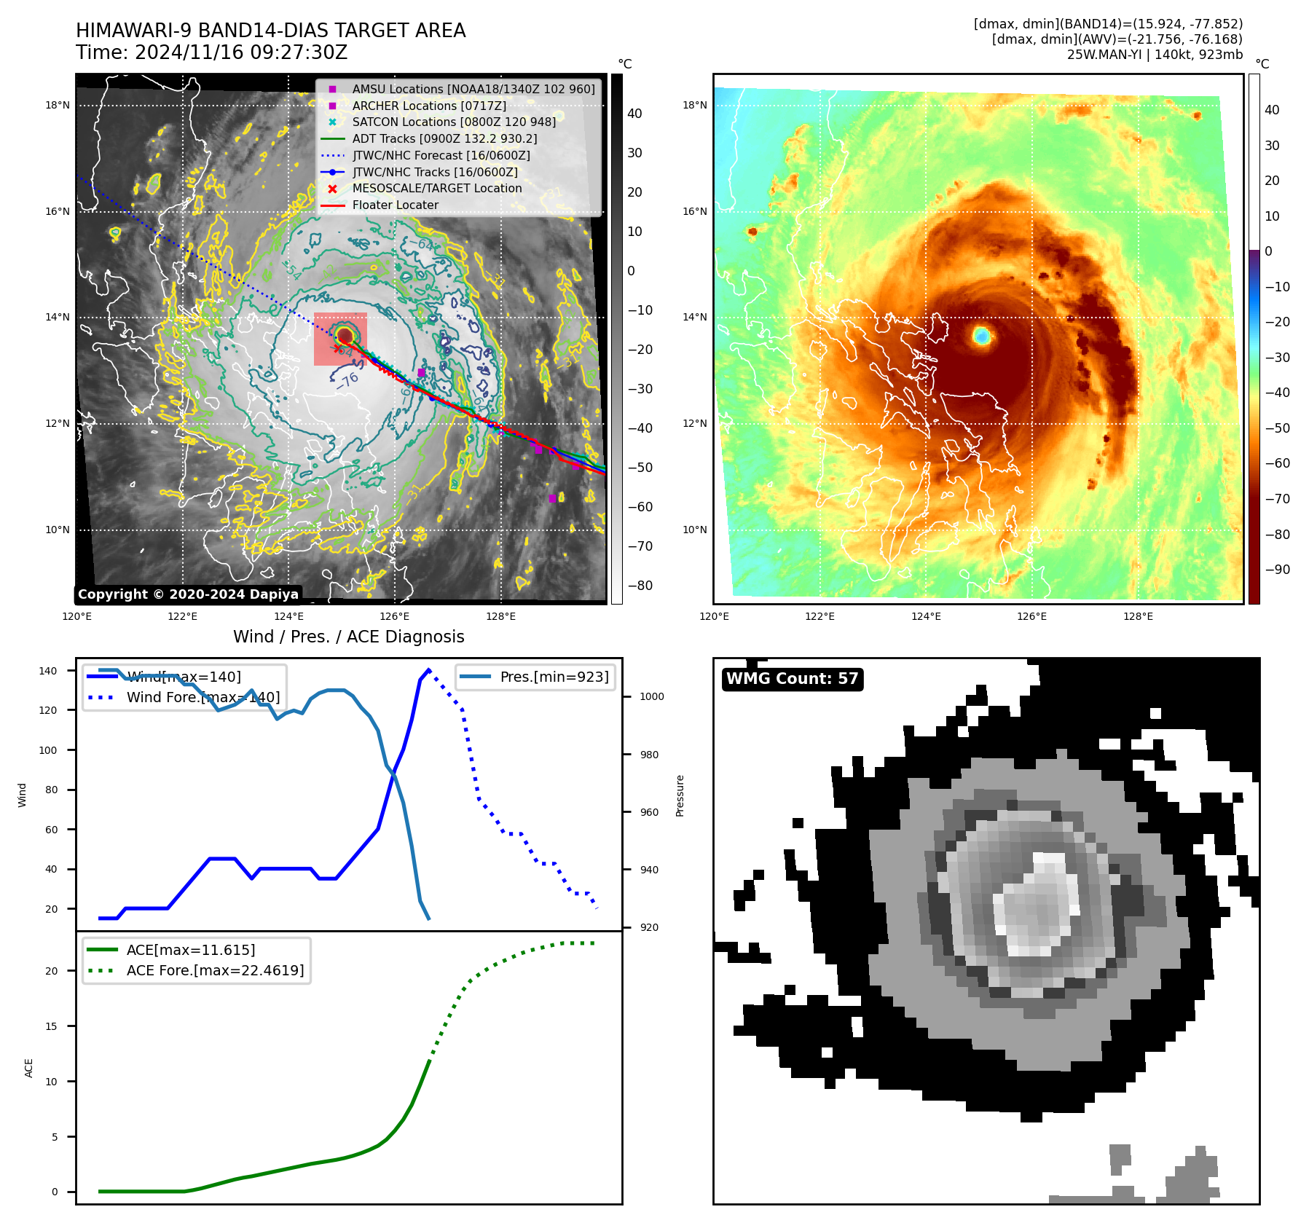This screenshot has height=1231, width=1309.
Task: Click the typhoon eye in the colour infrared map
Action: tap(982, 336)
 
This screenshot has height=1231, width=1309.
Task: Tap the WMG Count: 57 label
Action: tap(792, 679)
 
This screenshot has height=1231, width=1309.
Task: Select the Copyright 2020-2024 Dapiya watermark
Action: tap(188, 594)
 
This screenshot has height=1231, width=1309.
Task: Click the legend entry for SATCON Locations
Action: tap(453, 122)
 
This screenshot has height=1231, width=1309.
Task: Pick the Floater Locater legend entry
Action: tap(395, 205)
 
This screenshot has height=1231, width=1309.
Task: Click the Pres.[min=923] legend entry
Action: tap(554, 677)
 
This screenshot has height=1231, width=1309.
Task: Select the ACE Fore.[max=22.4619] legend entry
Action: tap(215, 970)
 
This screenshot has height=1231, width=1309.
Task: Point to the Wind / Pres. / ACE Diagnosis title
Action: tap(348, 637)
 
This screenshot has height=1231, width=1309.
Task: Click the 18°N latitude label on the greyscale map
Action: tap(58, 105)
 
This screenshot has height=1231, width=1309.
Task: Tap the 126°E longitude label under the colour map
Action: tap(1031, 617)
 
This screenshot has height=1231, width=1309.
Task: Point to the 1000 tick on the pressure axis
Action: tap(651, 697)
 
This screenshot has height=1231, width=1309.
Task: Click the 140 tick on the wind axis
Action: tap(48, 671)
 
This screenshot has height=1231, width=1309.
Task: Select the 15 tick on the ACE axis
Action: tap(52, 1026)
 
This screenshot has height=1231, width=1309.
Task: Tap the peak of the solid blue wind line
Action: tap(428, 670)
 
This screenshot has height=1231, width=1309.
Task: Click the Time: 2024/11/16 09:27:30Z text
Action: tap(212, 53)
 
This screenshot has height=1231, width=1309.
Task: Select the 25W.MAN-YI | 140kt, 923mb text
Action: tap(1155, 55)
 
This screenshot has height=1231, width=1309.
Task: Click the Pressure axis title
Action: tap(680, 795)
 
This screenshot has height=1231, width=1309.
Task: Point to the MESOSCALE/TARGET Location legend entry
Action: tap(436, 189)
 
